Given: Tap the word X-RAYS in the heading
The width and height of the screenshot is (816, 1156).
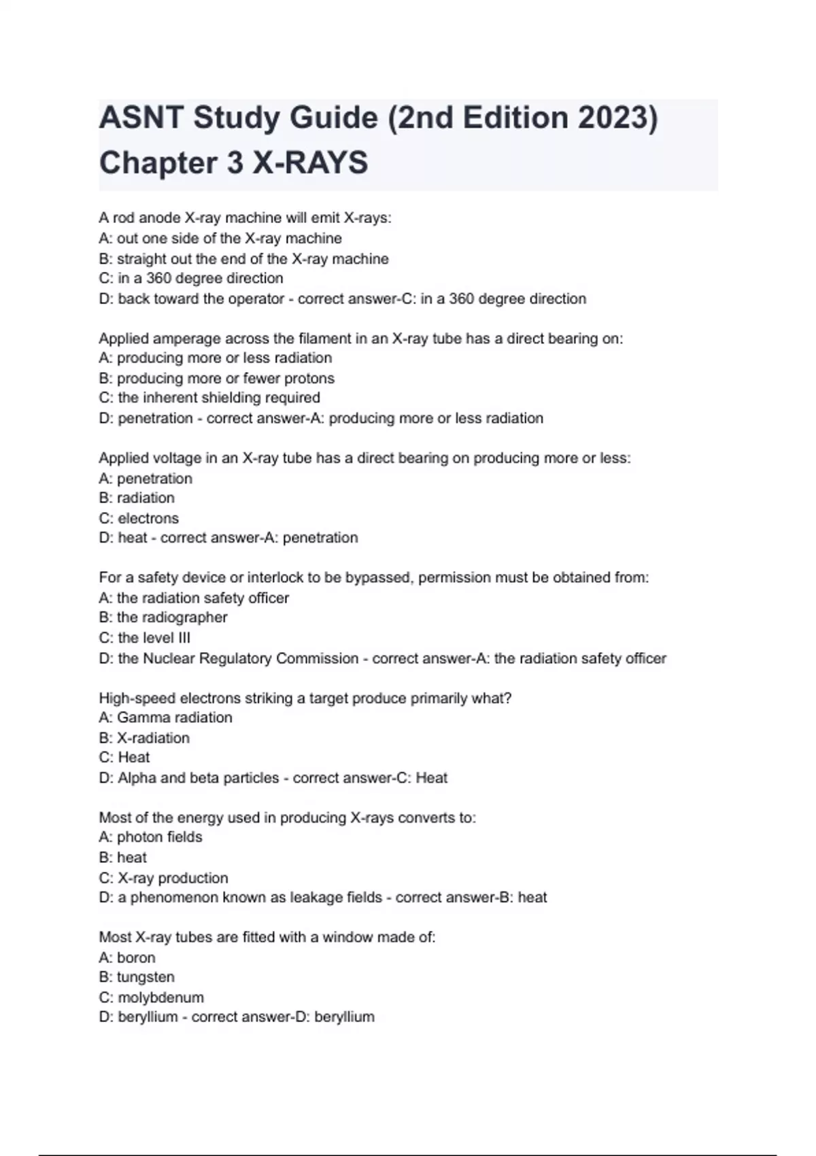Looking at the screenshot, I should tap(310, 163).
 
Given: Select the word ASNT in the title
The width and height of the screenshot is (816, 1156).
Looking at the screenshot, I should tap(141, 118).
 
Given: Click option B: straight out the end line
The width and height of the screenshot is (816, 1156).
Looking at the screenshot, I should tap(243, 259).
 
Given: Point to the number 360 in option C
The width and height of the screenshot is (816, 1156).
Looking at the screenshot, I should tap(158, 279).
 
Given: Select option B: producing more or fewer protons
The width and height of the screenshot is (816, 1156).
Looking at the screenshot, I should tap(216, 378).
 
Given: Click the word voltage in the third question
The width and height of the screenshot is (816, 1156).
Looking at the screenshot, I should tap(186, 458).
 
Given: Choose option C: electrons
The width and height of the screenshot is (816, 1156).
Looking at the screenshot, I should tap(139, 518).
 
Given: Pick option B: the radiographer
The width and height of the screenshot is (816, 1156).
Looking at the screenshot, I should tap(163, 617).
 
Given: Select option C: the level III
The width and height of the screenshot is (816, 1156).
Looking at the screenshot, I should tap(144, 638).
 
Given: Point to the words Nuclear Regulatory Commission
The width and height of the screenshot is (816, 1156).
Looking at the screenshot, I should tap(250, 658).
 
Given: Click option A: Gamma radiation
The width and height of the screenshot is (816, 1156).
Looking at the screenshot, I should tap(165, 717).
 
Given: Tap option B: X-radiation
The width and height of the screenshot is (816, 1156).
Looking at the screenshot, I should tap(144, 738).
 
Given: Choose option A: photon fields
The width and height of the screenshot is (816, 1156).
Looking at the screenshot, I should tap(150, 837).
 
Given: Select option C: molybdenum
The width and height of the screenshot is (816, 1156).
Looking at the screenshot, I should tap(151, 998).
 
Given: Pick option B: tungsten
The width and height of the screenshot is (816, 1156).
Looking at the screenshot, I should tap(137, 977).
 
